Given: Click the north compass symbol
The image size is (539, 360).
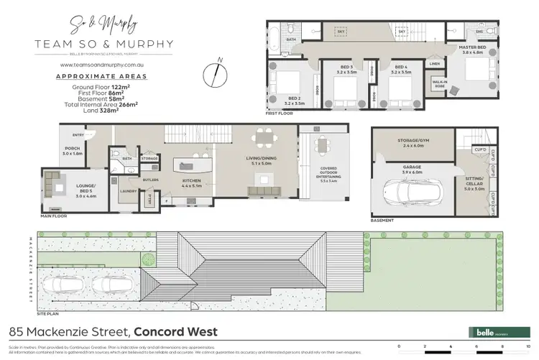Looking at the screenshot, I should click(x=214, y=73).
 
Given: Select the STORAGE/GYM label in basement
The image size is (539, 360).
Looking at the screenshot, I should click(x=412, y=141).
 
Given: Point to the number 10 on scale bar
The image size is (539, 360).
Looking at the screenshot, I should click(x=528, y=348).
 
